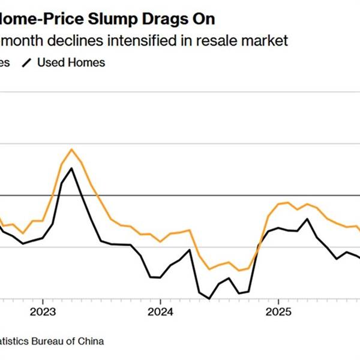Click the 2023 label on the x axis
(x=43, y=313)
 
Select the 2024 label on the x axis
(x=160, y=313)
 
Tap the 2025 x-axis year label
(x=278, y=313)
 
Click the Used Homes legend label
(x=71, y=62)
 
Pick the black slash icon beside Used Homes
(x=26, y=62)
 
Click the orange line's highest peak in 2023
(x=72, y=149)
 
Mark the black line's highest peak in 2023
(x=71, y=168)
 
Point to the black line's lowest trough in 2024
(x=209, y=298)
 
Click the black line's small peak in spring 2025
(x=308, y=219)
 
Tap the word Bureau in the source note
(x=47, y=341)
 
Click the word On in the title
(x=205, y=19)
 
